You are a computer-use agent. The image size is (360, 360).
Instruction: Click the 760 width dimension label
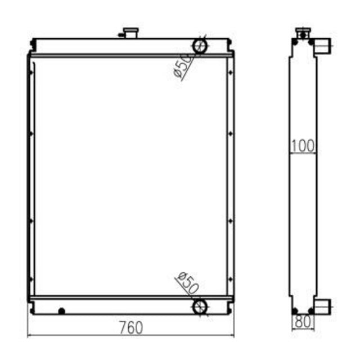tap(131, 327)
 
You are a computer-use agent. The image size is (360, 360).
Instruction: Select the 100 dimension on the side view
tap(303, 146)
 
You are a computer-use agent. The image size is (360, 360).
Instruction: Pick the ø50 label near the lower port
tap(187, 283)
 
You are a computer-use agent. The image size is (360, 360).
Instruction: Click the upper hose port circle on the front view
tap(200, 45)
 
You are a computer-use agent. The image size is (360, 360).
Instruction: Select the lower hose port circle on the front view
tap(200, 306)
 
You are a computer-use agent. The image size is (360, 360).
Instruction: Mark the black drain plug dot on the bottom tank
tap(61, 310)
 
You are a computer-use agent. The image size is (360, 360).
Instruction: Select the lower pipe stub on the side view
tap(322, 307)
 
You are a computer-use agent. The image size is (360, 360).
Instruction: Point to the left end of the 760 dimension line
tap(28, 336)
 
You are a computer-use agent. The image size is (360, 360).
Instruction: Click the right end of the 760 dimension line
tap(234, 336)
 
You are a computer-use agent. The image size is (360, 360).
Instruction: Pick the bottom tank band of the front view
tap(130, 307)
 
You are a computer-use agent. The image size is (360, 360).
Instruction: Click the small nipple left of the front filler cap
tap(120, 35)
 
